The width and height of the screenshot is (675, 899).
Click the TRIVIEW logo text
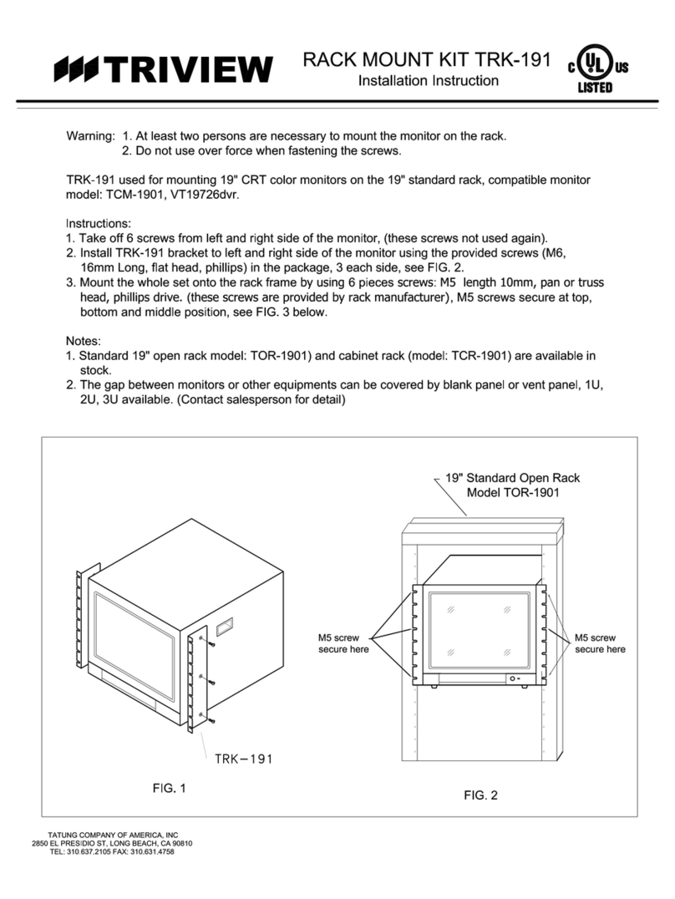[190, 69]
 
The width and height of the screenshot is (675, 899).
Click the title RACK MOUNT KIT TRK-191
[428, 60]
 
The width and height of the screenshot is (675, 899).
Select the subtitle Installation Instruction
[428, 81]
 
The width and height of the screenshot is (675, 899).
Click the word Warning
[89, 136]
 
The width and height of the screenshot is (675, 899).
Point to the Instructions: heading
[99, 224]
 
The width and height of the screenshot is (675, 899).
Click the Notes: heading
[84, 342]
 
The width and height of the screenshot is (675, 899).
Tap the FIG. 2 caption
[480, 795]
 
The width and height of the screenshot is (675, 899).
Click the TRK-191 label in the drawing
[243, 759]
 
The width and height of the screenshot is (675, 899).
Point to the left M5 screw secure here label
[343, 643]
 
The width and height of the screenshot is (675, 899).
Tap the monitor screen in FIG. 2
[479, 627]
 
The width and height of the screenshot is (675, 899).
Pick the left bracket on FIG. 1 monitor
[80, 618]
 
